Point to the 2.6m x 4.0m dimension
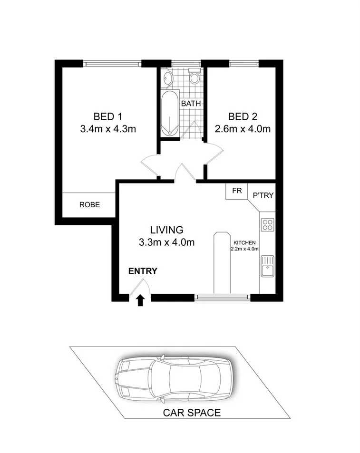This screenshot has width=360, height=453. click(243, 129)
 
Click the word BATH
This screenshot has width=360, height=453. click(192, 104)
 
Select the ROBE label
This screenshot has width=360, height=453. click(89, 205)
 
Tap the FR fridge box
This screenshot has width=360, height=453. click(236, 191)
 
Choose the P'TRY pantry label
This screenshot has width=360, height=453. click(263, 195)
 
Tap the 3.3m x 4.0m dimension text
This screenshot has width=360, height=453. click(167, 242)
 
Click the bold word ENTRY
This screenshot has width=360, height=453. click(143, 271)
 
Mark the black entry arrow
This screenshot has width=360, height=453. click(140, 300)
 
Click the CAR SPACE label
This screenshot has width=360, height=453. click(192, 413)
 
